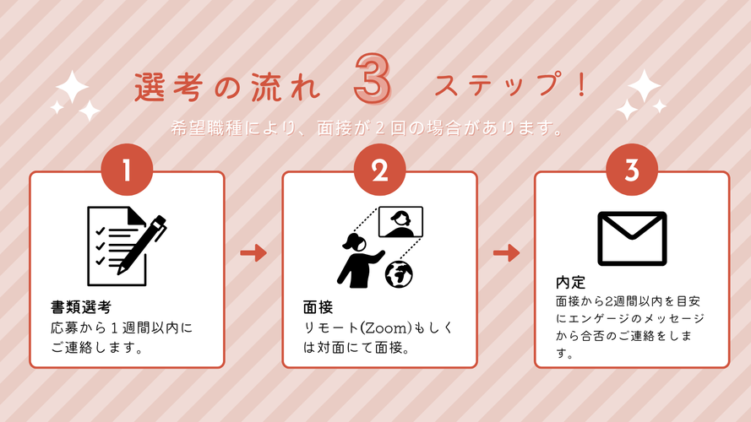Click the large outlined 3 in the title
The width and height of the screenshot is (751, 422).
[373, 78]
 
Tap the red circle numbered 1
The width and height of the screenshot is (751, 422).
[127, 170]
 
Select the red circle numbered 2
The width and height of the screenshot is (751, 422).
[380, 170]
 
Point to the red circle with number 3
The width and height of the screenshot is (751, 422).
[632, 170]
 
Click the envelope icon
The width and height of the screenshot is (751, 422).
[632, 238]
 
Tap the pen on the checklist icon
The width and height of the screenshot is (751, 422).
[142, 245]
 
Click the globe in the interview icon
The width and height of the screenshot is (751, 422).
[399, 274]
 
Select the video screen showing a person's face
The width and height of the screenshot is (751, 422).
[400, 221]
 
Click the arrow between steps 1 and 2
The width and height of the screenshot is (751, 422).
[253, 252]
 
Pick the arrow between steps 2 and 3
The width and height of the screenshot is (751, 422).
[506, 252]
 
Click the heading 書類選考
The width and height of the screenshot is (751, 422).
[81, 306]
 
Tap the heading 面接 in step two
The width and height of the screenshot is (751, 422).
[318, 306]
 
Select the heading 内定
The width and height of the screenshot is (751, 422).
[570, 282]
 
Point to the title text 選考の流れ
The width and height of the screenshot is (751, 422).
[227, 88]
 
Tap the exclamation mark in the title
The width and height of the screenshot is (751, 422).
[582, 85]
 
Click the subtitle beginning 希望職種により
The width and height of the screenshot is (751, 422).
[367, 128]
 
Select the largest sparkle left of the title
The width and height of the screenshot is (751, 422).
[73, 87]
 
